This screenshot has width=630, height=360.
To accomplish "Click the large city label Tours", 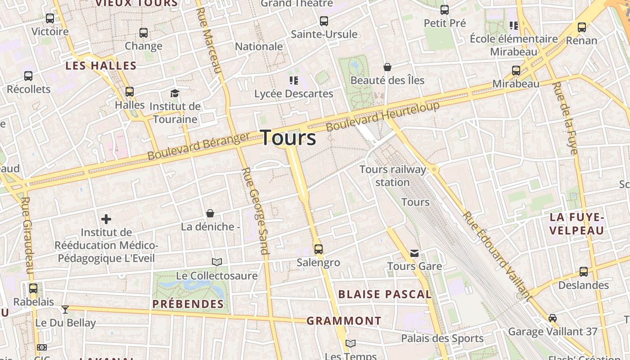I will (288, 138).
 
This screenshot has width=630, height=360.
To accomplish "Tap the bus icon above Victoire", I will (50, 18).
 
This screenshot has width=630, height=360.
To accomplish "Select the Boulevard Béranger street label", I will (198, 146).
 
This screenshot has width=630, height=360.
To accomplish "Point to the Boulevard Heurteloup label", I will (382, 116).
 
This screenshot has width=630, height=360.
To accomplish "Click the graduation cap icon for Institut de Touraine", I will (175, 93).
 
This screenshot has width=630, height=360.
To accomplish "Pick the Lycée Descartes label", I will (293, 94).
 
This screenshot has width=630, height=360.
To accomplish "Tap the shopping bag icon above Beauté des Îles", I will (387, 67).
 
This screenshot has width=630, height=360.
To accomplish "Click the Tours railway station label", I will (392, 176).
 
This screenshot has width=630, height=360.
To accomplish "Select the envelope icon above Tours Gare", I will (414, 253).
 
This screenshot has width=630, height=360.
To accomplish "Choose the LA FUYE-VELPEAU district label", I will (576, 224).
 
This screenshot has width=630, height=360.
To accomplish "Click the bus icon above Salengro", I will (319, 249).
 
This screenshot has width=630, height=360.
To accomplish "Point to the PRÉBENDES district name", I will (188, 304).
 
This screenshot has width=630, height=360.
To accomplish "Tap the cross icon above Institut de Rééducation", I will (106, 219).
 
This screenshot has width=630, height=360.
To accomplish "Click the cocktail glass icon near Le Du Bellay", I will (65, 309).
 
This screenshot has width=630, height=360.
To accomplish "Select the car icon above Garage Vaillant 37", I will (553, 318).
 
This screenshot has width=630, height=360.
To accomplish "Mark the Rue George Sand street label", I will (255, 211).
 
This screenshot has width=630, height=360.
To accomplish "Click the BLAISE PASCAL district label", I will (385, 294).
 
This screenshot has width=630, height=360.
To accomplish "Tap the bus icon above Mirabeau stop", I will (516, 71).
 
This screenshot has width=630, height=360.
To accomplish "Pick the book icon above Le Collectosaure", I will (217, 262).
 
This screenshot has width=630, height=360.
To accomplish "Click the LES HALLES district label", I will (101, 66).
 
